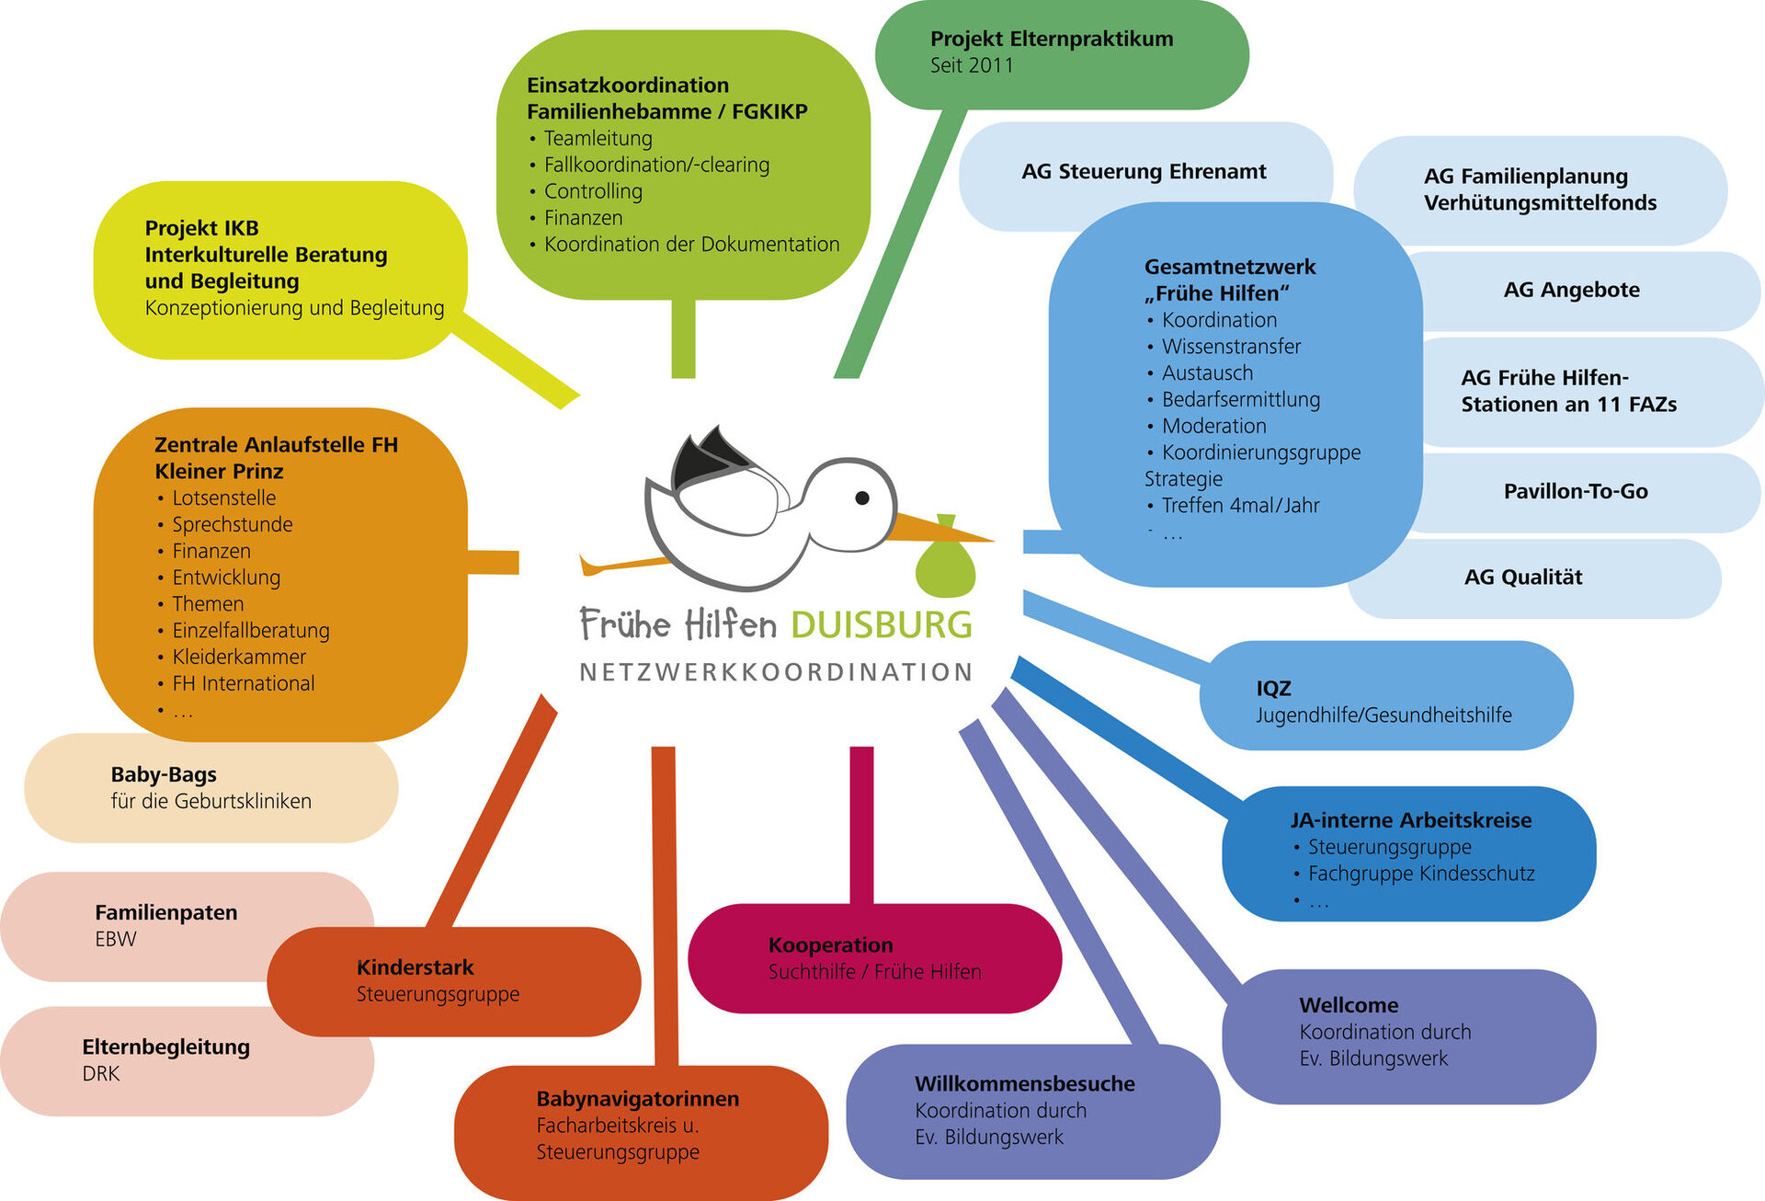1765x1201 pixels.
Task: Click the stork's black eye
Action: click(862, 498)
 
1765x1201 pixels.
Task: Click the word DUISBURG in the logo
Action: click(881, 625)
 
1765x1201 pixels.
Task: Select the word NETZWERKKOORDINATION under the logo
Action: click(776, 672)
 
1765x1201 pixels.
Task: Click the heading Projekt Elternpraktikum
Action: click(1052, 39)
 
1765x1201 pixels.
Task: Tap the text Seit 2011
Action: click(972, 65)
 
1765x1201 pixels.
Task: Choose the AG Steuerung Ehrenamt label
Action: click(1144, 171)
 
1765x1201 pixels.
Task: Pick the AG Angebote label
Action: click(1571, 290)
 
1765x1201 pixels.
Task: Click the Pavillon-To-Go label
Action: click(1576, 491)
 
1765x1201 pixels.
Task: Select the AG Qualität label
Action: click(1523, 577)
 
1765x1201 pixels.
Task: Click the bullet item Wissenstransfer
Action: click(1231, 347)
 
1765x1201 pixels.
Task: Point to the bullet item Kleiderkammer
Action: click(239, 657)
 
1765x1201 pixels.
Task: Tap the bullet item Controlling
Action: click(593, 191)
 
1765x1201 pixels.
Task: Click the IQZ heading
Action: click(1273, 688)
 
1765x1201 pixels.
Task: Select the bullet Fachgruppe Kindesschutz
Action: click(1421, 874)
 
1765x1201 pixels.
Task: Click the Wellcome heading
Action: click(1349, 1005)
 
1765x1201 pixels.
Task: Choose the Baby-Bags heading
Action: click(164, 774)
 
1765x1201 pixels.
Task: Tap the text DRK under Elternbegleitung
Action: click(101, 1073)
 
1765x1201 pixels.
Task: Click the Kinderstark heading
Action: click(415, 967)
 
